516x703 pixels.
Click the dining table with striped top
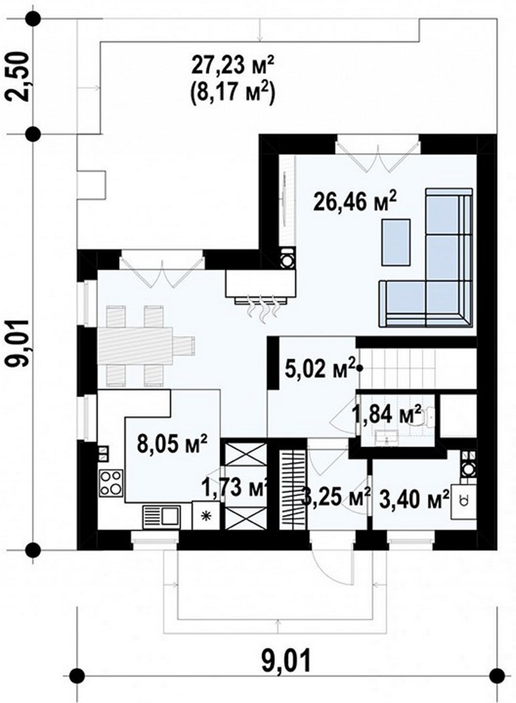tap(135, 346)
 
